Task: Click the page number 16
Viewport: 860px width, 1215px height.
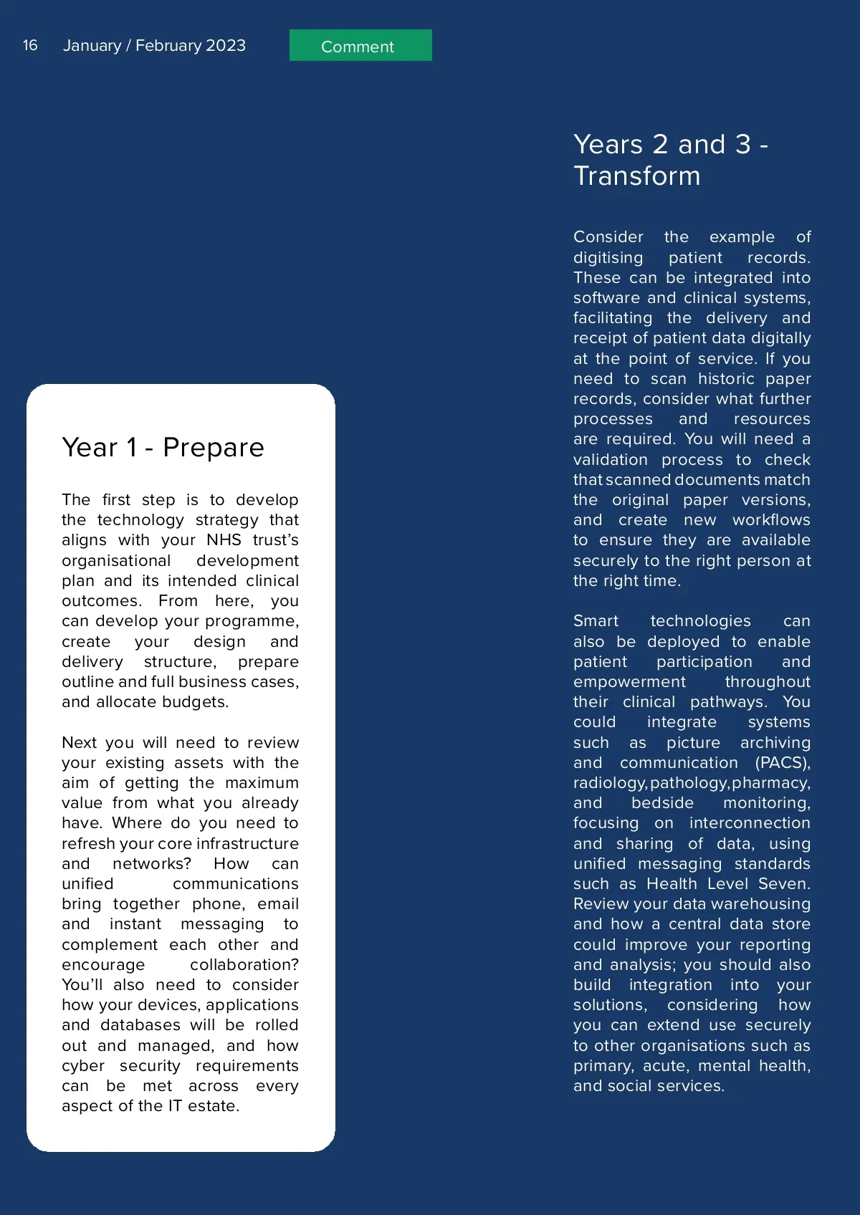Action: pyautogui.click(x=30, y=45)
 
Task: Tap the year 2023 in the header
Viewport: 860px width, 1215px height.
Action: pyautogui.click(x=225, y=45)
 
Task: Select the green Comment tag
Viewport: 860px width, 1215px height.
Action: pyautogui.click(x=360, y=46)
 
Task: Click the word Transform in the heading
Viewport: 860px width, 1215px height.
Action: pyautogui.click(x=636, y=176)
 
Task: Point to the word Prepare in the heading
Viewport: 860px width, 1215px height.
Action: pyautogui.click(x=214, y=448)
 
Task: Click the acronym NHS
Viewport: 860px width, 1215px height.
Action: pyautogui.click(x=224, y=540)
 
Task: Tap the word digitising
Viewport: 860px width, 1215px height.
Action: pyautogui.click(x=608, y=258)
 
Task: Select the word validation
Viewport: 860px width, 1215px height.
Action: pyautogui.click(x=610, y=460)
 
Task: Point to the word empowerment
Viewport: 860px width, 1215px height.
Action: pyautogui.click(x=629, y=682)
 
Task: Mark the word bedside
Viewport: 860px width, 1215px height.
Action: pyautogui.click(x=662, y=803)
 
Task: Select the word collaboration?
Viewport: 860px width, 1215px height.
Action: pyautogui.click(x=244, y=965)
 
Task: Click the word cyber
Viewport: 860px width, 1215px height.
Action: pyautogui.click(x=83, y=1066)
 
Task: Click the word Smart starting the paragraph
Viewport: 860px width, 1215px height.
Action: pyautogui.click(x=596, y=621)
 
